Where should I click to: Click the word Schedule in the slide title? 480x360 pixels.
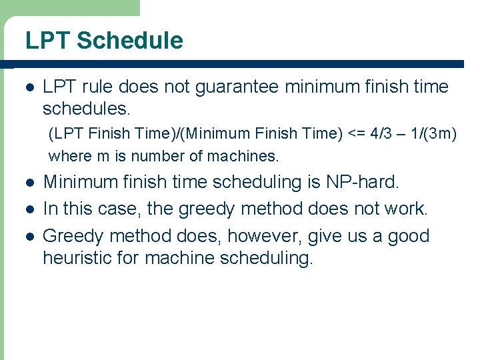pyautogui.click(x=129, y=41)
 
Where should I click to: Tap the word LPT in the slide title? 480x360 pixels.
pyautogui.click(x=49, y=41)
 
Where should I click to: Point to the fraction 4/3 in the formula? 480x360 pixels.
pyautogui.click(x=381, y=133)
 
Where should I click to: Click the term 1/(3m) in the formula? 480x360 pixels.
pyautogui.click(x=434, y=133)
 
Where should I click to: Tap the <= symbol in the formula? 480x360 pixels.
pyautogui.click(x=355, y=133)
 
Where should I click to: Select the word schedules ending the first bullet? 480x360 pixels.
pyautogui.click(x=85, y=108)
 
